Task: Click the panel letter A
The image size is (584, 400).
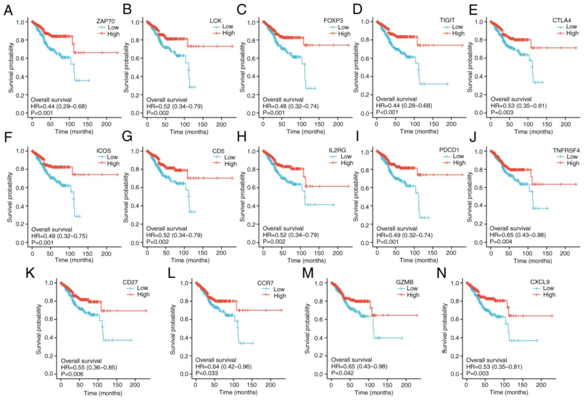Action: point(8,10)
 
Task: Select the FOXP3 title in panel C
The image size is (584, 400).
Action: point(333,21)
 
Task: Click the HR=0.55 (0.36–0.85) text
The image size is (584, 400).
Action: point(89,368)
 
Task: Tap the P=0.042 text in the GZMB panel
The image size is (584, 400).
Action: point(342,373)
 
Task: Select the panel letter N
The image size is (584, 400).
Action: point(441,273)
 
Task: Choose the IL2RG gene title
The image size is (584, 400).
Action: point(337,150)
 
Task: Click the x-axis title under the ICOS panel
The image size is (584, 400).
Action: point(74,260)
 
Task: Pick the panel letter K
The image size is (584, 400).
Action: point(30,273)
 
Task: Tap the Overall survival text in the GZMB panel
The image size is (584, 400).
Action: point(351,360)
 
